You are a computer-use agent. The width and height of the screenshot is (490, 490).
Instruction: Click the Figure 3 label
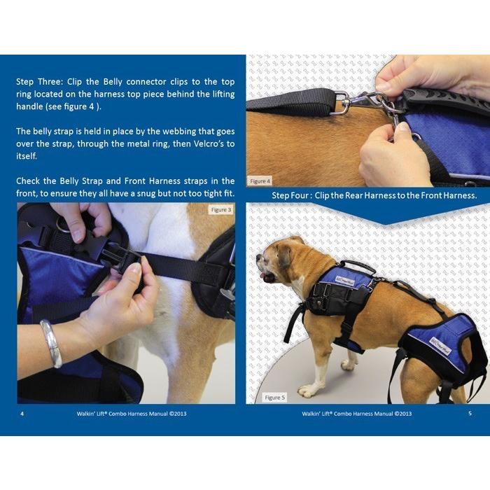click(x=221, y=210)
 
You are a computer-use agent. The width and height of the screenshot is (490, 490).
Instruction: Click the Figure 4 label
click(x=260, y=181)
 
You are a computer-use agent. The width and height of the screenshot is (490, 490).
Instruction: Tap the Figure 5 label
click(x=274, y=398)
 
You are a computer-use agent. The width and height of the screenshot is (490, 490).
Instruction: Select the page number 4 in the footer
click(x=22, y=414)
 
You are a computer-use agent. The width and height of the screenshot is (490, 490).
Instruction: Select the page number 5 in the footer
click(x=470, y=413)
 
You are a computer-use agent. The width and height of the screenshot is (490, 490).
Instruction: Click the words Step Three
click(x=40, y=82)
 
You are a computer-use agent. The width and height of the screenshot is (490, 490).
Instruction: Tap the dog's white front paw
click(x=309, y=390)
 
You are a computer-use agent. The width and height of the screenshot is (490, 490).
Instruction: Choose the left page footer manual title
click(x=132, y=414)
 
